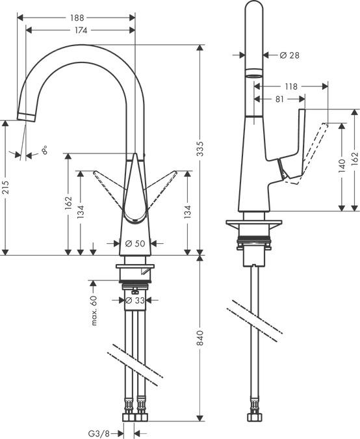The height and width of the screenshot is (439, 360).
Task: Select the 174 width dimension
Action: tap(81, 30)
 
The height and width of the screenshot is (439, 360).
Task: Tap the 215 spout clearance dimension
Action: tap(5, 188)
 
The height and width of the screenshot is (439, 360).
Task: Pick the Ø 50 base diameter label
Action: tap(134, 243)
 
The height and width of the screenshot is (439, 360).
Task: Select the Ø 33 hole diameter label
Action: tap(134, 300)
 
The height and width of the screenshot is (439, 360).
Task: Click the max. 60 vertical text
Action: tap(94, 310)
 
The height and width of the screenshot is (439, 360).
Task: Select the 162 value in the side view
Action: tap(354, 158)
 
